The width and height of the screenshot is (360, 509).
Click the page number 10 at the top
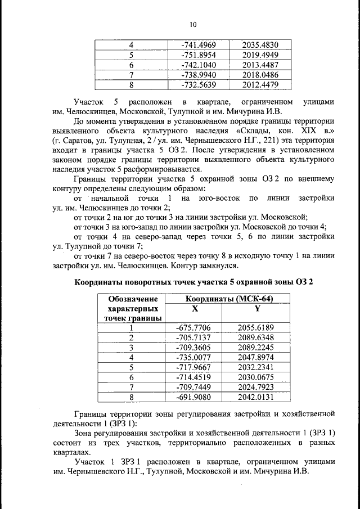click(x=193, y=24)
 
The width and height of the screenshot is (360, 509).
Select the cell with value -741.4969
click(x=195, y=45)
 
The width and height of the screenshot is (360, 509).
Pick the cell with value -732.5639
click(x=195, y=85)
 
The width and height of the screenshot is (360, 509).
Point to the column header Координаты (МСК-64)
click(x=223, y=299)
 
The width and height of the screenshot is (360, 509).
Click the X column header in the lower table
click(x=195, y=309)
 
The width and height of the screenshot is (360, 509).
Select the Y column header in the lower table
click(x=256, y=309)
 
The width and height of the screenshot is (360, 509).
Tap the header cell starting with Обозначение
click(x=131, y=299)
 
